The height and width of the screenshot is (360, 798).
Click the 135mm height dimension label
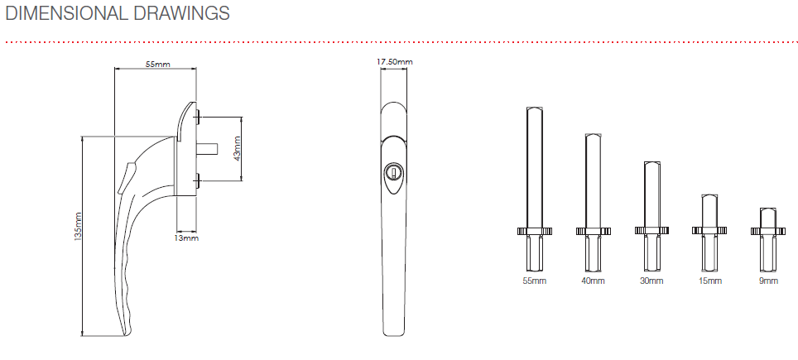click(x=78, y=226)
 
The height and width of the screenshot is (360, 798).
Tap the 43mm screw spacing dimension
click(x=236, y=148)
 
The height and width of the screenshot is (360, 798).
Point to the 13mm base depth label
click(x=187, y=238)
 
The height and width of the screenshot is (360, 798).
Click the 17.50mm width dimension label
click(x=394, y=62)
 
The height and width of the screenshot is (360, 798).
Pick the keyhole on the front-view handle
click(x=393, y=171)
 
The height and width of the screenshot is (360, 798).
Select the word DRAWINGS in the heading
click(x=181, y=13)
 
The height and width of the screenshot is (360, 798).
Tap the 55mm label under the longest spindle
click(x=535, y=281)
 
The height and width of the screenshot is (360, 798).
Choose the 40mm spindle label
click(x=593, y=281)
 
